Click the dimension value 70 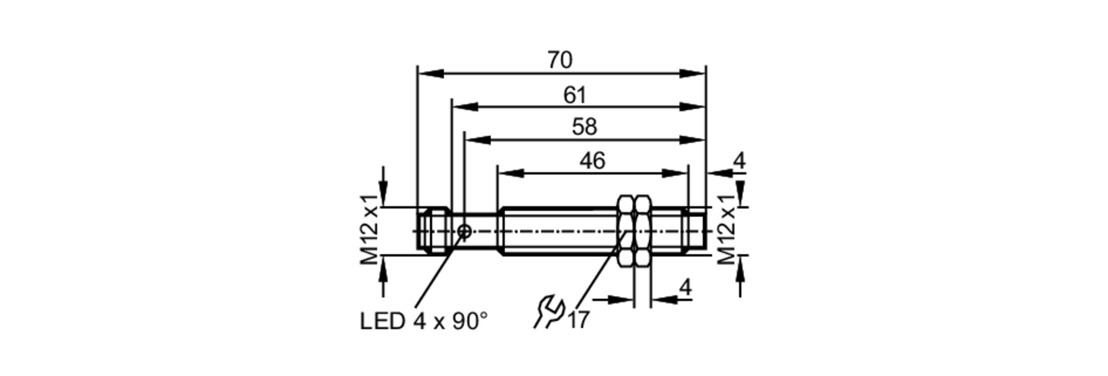(560, 60)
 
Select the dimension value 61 (574, 95)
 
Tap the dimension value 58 (584, 127)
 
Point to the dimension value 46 (592, 161)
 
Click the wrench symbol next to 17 (548, 312)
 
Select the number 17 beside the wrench (579, 320)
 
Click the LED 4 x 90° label (424, 321)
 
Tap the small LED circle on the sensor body (465, 231)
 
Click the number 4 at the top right (739, 161)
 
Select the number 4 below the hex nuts (685, 287)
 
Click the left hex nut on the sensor (626, 231)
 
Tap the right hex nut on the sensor (643, 231)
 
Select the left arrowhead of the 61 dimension (465, 107)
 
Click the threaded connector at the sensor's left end (433, 231)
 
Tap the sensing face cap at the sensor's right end (696, 231)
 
